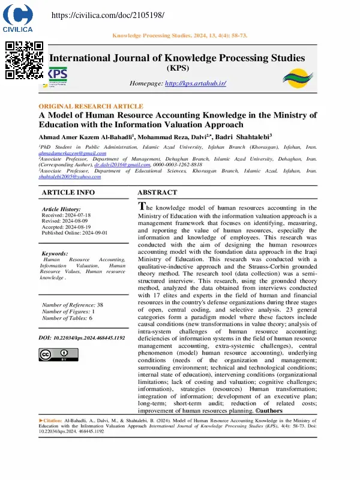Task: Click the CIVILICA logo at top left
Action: click(18, 18)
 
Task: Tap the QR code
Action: click(25, 60)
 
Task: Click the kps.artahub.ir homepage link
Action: click(195, 83)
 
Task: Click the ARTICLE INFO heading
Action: click(68, 193)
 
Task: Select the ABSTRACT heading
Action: click(157, 193)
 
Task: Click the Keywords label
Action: click(55, 254)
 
